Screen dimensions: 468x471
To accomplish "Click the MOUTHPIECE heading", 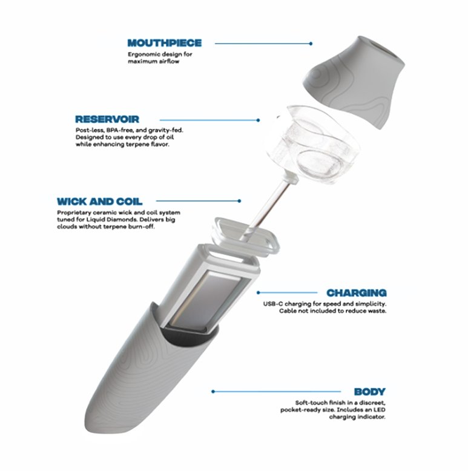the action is click(x=164, y=43).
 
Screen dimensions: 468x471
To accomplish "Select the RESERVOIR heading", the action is click(x=107, y=119).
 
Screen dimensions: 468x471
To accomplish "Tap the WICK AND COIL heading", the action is click(x=99, y=201).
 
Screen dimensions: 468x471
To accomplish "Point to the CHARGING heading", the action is click(x=356, y=292).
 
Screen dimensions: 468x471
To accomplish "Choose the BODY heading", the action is click(x=369, y=392).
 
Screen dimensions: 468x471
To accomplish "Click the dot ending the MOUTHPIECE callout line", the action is click(x=311, y=44).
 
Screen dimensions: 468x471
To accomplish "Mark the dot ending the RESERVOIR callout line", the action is click(x=258, y=120).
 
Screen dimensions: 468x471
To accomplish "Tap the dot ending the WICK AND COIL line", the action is click(x=239, y=200).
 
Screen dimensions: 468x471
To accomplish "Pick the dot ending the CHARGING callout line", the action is click(x=259, y=292).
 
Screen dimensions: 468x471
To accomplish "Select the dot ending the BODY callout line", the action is click(x=213, y=392).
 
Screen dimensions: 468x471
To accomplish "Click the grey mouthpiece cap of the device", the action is click(x=354, y=81).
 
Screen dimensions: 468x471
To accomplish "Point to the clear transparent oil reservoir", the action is click(x=312, y=144).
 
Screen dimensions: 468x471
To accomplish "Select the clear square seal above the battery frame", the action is click(x=245, y=236).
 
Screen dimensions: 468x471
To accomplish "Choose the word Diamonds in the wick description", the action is click(x=119, y=220).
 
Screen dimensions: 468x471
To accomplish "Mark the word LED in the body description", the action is click(x=380, y=410).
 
